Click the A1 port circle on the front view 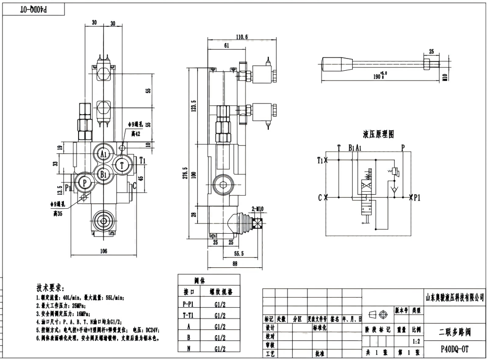(x=103, y=154)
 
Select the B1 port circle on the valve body (x=103, y=174)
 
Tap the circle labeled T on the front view (x=122, y=165)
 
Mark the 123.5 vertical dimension (x=193, y=106)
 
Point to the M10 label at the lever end (x=444, y=76)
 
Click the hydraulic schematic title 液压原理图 (x=378, y=134)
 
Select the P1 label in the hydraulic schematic (x=417, y=198)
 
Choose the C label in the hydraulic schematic (x=320, y=198)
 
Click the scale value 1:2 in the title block (x=416, y=341)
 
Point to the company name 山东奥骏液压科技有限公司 (x=455, y=297)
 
